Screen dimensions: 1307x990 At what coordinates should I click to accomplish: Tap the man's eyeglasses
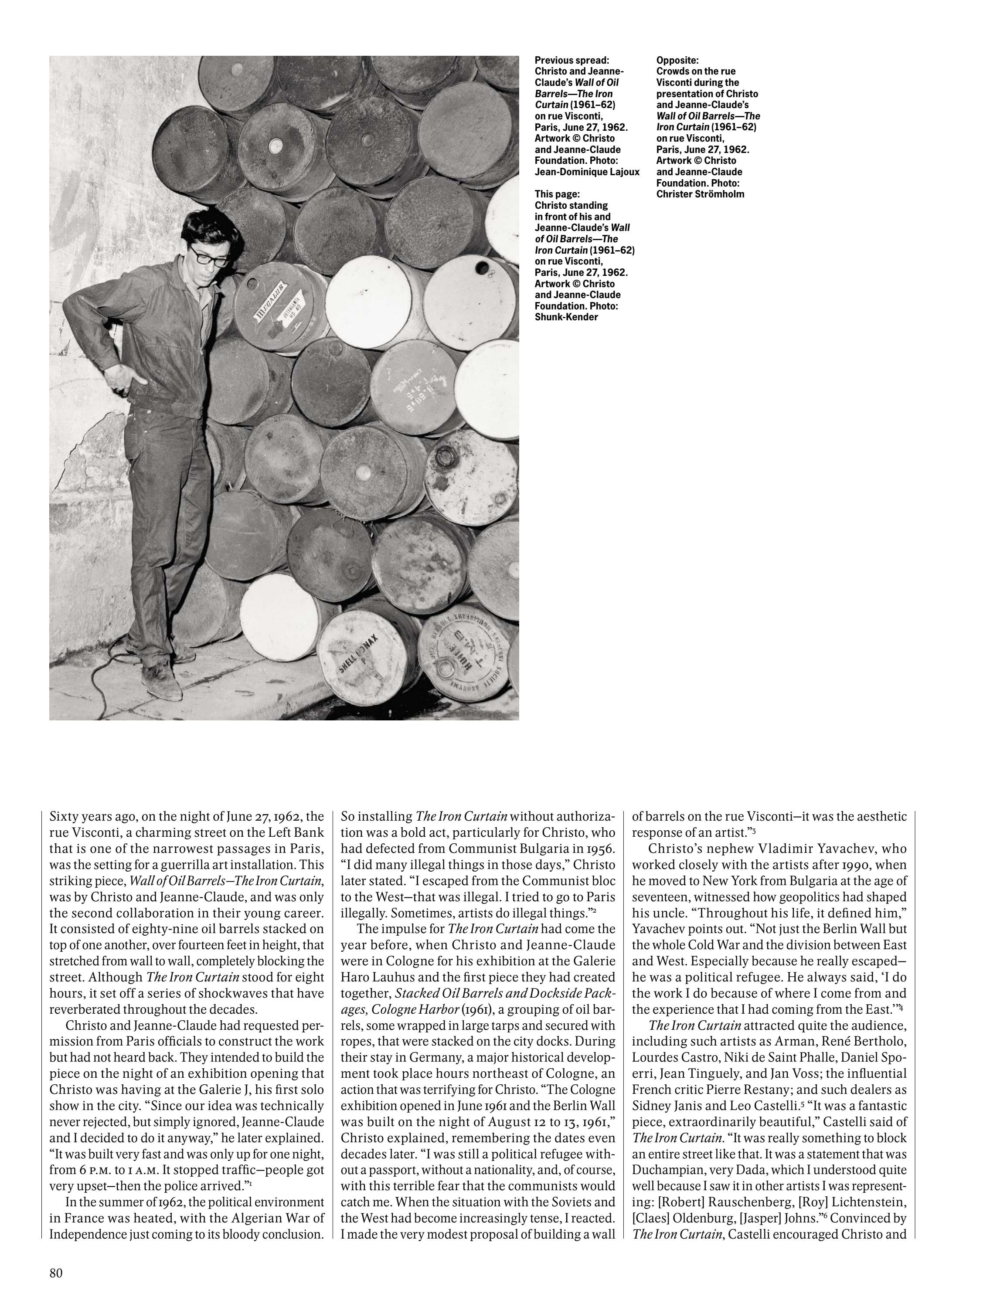click(208, 255)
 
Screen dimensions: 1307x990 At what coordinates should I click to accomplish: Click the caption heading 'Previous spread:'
click(571, 60)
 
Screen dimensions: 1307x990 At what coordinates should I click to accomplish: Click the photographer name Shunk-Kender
click(566, 317)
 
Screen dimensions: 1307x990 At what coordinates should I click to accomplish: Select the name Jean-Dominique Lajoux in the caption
click(587, 172)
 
